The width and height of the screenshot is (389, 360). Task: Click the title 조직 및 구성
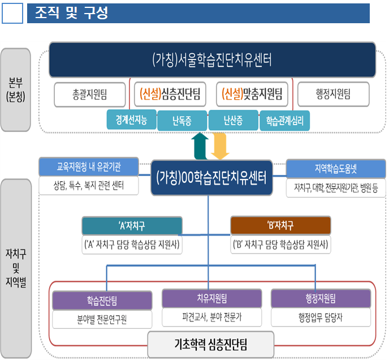pyautogui.click(x=71, y=13)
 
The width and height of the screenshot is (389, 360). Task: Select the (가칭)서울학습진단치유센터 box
pyautogui.click(x=211, y=59)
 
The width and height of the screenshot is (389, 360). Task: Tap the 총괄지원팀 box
pyautogui.click(x=89, y=94)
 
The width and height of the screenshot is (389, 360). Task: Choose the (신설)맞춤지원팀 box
pyautogui.click(x=252, y=94)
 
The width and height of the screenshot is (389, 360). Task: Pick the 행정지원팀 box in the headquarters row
pyautogui.click(x=333, y=94)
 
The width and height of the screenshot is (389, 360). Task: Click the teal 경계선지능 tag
pyautogui.click(x=131, y=120)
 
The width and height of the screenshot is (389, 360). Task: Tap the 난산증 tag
pyautogui.click(x=233, y=120)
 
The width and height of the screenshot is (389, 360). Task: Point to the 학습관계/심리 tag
pyautogui.click(x=284, y=120)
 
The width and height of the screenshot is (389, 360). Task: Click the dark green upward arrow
pyautogui.click(x=200, y=146)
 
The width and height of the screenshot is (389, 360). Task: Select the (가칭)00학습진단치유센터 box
pyautogui.click(x=211, y=177)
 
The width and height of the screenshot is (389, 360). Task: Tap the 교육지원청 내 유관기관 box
pyautogui.click(x=89, y=167)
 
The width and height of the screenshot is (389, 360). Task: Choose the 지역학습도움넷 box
pyautogui.click(x=336, y=168)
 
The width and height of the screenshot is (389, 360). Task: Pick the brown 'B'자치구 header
pyautogui.click(x=280, y=225)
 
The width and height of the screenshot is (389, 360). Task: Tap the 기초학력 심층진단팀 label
pyautogui.click(x=211, y=343)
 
